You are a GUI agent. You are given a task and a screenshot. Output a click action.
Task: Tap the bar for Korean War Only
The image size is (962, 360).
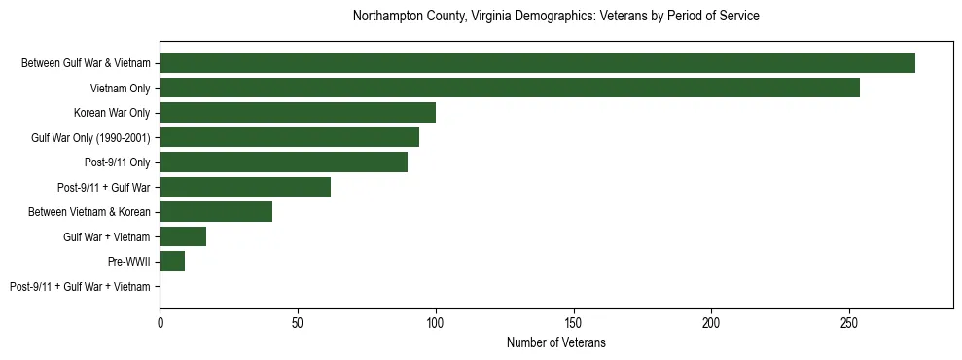[298, 113]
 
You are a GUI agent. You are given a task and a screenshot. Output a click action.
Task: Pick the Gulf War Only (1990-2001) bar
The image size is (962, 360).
[289, 137]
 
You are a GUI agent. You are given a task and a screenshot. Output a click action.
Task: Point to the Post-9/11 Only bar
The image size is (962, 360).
[283, 162]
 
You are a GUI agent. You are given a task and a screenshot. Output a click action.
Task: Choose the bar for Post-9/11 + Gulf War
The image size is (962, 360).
[245, 187]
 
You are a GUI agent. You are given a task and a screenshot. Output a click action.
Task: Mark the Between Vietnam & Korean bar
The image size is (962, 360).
[216, 212]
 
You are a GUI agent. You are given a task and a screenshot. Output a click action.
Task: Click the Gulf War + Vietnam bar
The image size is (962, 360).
[183, 236]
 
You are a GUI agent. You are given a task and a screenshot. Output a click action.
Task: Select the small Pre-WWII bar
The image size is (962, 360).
[172, 262]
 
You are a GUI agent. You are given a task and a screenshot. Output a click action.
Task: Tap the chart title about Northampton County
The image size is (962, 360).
[555, 17]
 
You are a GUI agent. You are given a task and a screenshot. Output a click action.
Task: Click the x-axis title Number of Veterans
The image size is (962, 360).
[555, 342]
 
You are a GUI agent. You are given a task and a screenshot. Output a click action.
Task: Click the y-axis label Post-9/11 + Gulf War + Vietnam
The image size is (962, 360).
[80, 287]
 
